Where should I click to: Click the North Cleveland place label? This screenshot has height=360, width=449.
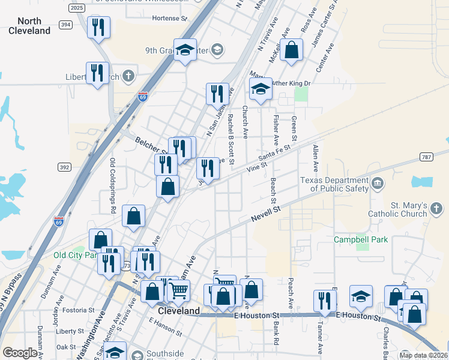[29, 26]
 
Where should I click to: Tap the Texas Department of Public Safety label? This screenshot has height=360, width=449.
[334, 184]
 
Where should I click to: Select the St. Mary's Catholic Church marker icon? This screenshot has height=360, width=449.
[436, 209]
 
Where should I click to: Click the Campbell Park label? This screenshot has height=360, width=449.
[361, 239]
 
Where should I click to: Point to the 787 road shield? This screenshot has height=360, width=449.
[427, 158]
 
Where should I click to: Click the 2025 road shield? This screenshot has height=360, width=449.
[77, 8]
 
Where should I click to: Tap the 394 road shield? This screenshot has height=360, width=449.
[66, 25]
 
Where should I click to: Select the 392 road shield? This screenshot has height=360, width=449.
[65, 166]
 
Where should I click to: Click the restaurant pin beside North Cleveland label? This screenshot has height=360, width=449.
[98, 27]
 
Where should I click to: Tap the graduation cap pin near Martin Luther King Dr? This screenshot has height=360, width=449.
[260, 89]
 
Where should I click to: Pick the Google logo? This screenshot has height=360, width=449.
[20, 353]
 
